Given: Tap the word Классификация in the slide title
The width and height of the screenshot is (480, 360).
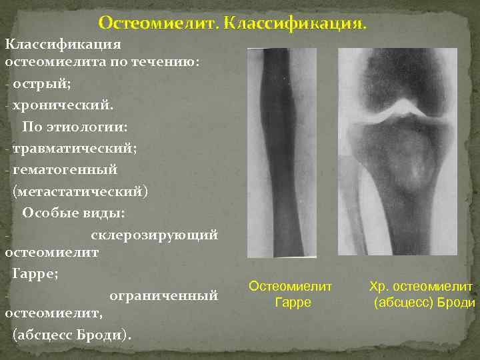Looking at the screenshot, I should coord(295,25).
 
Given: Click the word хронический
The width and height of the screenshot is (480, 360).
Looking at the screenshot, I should coord(62,105).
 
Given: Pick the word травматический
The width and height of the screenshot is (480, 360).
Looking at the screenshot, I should coord(74,148).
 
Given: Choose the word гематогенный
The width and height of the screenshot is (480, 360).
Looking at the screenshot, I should coord(65,169).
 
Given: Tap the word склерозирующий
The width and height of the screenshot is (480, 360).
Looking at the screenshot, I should coord(154,234).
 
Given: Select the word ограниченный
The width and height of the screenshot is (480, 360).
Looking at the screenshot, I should coord(163,293).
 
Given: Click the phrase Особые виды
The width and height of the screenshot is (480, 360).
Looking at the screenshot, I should coord(73,213).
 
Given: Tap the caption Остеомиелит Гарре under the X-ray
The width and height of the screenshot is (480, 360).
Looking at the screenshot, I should coord(290,294).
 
